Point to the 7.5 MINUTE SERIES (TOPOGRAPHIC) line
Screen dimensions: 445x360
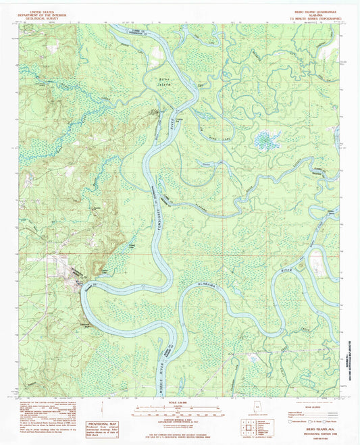pos(315,11)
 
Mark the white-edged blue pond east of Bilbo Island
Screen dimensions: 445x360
pos(265,141)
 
